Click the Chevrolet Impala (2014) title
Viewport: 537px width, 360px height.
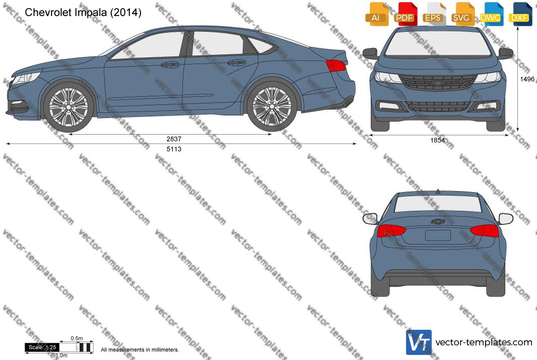83,12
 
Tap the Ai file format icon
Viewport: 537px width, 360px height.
377,14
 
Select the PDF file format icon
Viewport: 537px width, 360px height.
406,14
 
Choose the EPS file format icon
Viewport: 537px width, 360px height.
434,14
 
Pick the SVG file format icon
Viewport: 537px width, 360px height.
462,14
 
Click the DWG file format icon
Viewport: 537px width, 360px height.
492,14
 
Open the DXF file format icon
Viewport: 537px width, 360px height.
520,14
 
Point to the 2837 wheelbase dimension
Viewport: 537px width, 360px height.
174,139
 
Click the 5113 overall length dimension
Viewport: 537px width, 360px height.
174,149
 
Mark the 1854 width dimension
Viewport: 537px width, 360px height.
438,140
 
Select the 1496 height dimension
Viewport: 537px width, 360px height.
527,79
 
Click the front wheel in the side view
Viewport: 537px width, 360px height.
69,107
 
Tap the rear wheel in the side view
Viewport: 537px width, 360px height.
272,106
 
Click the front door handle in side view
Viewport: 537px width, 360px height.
170,65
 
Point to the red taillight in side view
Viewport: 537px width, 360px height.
335,66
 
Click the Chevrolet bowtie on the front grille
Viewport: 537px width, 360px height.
437,83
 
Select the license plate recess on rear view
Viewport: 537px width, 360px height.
438,235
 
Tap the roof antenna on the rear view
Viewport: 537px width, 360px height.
438,191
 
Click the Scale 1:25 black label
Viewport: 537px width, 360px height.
42,347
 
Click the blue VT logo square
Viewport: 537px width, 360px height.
419,342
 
